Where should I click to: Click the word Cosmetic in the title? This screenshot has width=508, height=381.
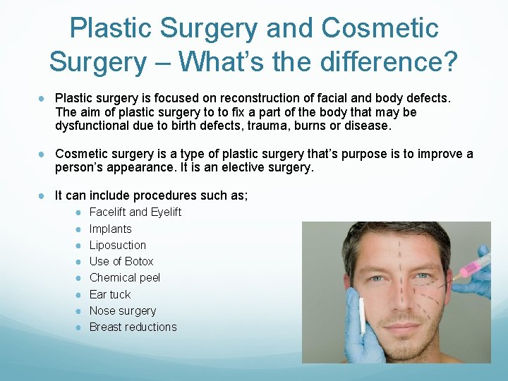pyautogui.click(x=380, y=28)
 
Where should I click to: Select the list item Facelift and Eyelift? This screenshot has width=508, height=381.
pyautogui.click(x=135, y=212)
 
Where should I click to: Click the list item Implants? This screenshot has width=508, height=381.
pyautogui.click(x=110, y=229)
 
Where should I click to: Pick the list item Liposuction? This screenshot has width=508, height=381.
pyautogui.click(x=117, y=245)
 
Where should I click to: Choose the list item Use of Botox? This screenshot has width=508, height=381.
pyautogui.click(x=121, y=261)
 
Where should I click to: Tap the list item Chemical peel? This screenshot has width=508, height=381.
pyautogui.click(x=124, y=277)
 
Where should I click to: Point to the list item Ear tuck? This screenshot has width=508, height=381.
pyautogui.click(x=109, y=294)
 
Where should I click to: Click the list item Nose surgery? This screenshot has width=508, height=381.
pyautogui.click(x=122, y=310)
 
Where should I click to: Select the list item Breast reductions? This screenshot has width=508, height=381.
pyautogui.click(x=133, y=327)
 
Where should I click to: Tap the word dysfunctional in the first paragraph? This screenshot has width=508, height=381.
pyautogui.click(x=88, y=126)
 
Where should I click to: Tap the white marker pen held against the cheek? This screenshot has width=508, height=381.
pyautogui.click(x=362, y=316)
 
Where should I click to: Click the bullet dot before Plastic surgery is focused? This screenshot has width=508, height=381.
pyautogui.click(x=43, y=98)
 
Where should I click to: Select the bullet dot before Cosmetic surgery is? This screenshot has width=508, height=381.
pyautogui.click(x=43, y=155)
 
